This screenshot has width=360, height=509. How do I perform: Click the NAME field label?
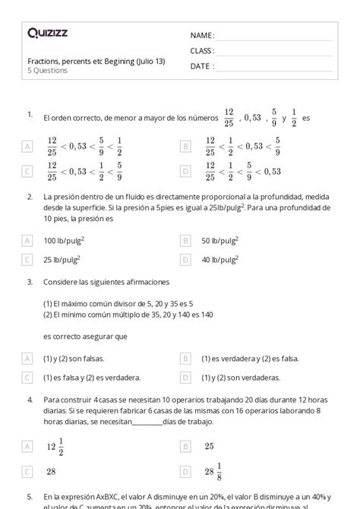pos(201,35)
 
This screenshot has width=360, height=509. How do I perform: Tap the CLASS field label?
pos(202,50)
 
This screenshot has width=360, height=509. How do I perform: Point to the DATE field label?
pos(201,65)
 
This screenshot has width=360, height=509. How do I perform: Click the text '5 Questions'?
pos(47,71)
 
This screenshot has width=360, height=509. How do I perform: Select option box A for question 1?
pos(27,146)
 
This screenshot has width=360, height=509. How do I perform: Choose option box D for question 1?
pos(185,172)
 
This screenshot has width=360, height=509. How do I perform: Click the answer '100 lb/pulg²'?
pos(64,241)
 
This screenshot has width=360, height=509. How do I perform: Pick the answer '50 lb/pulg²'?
pos(219,241)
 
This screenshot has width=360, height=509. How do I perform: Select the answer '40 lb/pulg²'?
pos(219,260)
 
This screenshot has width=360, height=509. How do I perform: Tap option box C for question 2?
pos(27,260)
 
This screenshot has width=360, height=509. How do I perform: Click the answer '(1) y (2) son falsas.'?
pos(74,358)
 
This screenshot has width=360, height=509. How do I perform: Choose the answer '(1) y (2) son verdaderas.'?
pos(241,377)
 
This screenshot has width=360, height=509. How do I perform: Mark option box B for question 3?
pos(185,358)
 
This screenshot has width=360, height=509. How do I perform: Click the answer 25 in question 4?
pos(209,446)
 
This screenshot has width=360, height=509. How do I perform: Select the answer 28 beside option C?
pos(52,472)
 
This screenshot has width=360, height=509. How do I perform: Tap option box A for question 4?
pos(27,447)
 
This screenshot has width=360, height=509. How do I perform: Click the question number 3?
pos(29,282)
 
